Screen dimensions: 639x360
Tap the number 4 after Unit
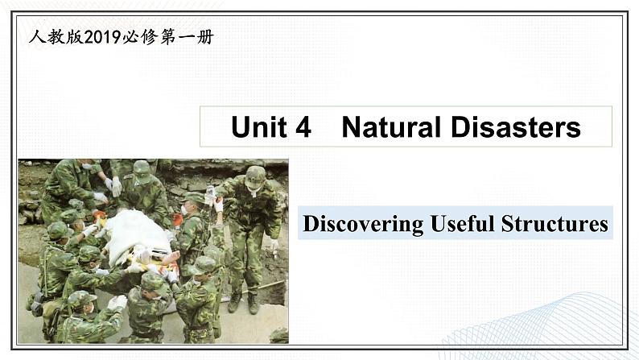(x=303, y=126)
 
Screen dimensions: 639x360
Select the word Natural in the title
(x=391, y=126)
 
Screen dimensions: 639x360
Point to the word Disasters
(x=516, y=126)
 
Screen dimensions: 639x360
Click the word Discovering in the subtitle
(x=364, y=224)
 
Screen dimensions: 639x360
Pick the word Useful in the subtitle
(x=463, y=223)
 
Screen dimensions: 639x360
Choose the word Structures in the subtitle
(x=554, y=223)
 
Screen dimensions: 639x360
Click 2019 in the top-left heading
(x=103, y=37)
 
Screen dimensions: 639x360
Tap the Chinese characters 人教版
(x=56, y=37)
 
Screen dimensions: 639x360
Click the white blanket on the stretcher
(x=137, y=235)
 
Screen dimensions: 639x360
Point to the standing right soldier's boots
(x=244, y=303)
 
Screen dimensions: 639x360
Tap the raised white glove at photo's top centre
(x=117, y=186)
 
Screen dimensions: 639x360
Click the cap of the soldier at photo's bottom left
(x=81, y=299)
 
